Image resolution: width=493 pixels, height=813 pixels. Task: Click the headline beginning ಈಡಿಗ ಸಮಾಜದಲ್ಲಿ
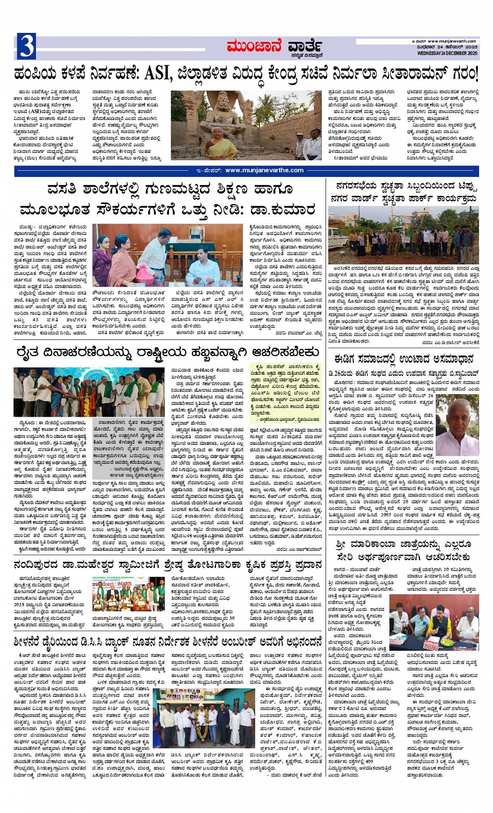pos(404,359)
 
